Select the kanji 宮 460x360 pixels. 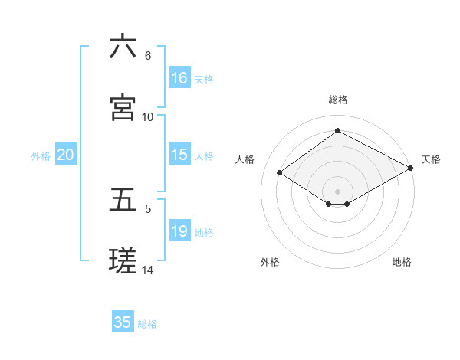coord(123,108)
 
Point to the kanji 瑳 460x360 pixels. coord(123,260)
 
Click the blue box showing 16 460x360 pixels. coord(179,78)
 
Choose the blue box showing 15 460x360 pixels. coord(179,155)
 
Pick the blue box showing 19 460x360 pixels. coord(179,231)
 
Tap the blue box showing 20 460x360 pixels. coord(66,155)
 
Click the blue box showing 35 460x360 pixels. coord(123,322)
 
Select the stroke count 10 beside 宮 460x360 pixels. coord(148,116)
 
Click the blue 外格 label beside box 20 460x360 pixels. coord(41,155)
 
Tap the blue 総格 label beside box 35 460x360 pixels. coord(147,324)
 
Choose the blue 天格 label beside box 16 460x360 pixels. coord(204,79)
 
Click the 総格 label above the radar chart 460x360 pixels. coord(337,100)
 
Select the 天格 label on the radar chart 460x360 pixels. coord(431,159)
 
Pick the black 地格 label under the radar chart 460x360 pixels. coord(402,262)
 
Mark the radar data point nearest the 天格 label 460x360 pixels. coord(411,169)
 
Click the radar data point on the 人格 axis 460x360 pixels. coord(280,173)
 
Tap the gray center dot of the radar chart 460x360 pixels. coord(337,191)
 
